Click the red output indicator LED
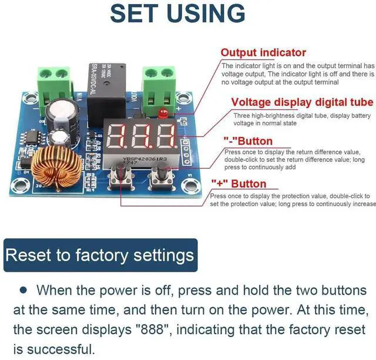coord(164,112)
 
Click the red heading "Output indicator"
coord(263,53)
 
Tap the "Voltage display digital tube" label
coord(302,102)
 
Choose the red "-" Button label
coord(248,141)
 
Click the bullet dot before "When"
coord(23,290)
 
